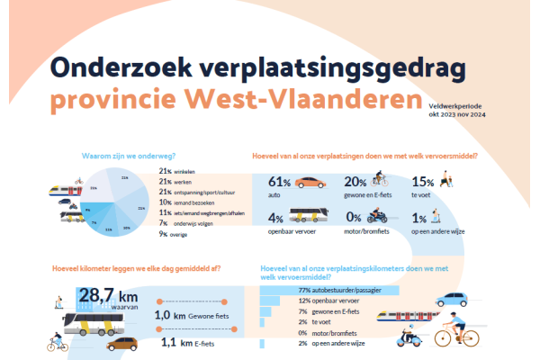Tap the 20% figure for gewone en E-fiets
click(355, 182)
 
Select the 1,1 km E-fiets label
click(188, 342)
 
